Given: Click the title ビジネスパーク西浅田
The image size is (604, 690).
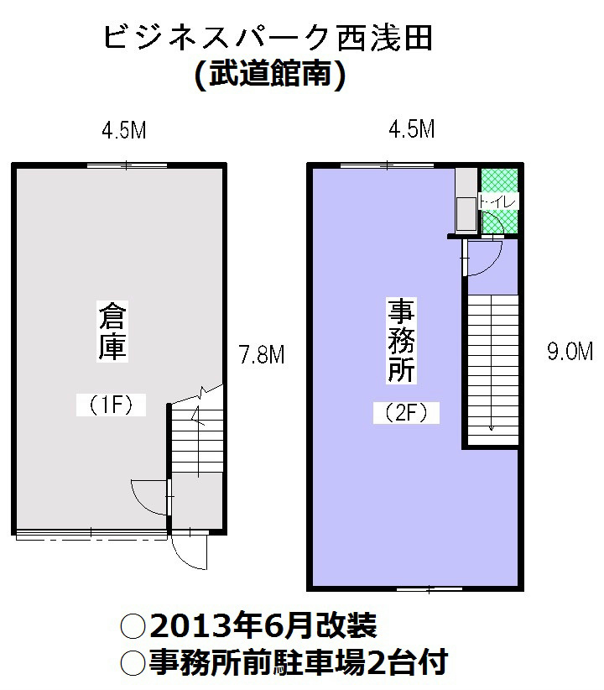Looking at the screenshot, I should pos(268,39).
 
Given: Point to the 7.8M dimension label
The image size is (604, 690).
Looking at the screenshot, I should pos(262,356).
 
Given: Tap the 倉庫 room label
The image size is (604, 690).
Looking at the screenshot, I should pos(112,332).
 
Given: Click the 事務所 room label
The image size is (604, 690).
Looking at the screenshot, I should pos(402,340).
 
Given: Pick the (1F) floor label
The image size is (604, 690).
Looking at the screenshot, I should pos(112,405).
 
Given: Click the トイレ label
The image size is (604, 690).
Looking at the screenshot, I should pos(499,201).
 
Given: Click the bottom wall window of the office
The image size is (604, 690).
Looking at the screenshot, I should pos(429,588).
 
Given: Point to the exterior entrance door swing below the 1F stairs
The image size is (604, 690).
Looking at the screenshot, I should pos(190,551).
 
